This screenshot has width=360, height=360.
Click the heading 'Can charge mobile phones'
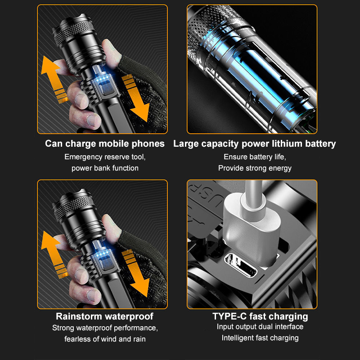(105, 144)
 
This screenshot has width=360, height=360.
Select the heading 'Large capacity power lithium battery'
(254, 144)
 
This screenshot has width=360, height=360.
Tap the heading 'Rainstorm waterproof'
(105, 316)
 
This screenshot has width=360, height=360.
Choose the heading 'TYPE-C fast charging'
(260, 316)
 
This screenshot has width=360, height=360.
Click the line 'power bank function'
(105, 168)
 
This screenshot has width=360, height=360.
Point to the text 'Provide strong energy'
(255, 168)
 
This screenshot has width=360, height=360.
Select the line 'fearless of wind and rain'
(105, 339)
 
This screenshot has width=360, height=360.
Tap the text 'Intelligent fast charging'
(260, 338)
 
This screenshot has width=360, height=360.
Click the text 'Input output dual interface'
(260, 327)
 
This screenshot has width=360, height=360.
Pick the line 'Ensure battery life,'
(255, 157)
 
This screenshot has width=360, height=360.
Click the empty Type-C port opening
(240, 265)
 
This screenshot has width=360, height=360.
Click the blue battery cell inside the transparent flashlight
(260, 78)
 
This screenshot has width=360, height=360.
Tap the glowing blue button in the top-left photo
(106, 87)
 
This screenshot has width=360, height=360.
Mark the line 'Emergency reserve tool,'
(105, 157)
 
